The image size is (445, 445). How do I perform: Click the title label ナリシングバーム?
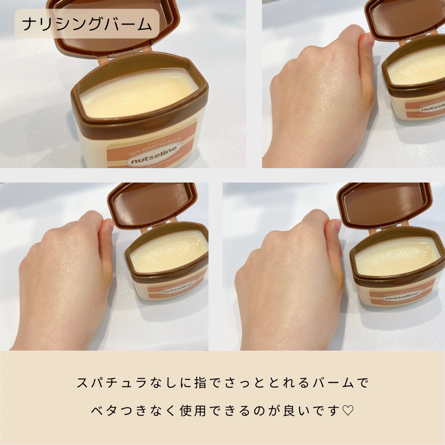87,24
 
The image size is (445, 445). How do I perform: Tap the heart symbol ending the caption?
348,411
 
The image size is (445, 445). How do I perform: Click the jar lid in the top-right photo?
406,19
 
